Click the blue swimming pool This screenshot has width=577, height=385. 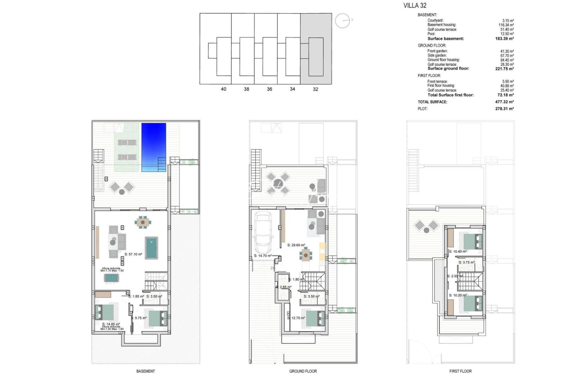pyautogui.click(x=154, y=147)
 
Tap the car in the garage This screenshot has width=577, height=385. pyautogui.click(x=263, y=232)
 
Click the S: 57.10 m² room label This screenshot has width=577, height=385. pyautogui.click(x=134, y=254)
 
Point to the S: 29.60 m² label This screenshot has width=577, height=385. pyautogui.click(x=296, y=245)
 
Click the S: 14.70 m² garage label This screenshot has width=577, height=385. pyautogui.click(x=263, y=256)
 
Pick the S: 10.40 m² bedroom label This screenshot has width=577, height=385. pyautogui.click(x=458, y=252)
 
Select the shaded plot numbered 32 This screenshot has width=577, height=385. pyautogui.click(x=316, y=49)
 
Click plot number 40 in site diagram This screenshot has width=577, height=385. pyautogui.click(x=223, y=89)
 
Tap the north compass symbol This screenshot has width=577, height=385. pyautogui.click(x=343, y=21)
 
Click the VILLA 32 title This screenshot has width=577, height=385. pyautogui.click(x=415, y=5)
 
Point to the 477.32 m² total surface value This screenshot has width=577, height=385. pyautogui.click(x=504, y=102)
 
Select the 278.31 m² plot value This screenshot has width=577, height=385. pyautogui.click(x=504, y=109)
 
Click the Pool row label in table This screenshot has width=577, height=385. pyautogui.click(x=431, y=34)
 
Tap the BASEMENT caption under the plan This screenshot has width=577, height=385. pyautogui.click(x=145, y=371)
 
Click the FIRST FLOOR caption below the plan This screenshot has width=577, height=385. pyautogui.click(x=460, y=371)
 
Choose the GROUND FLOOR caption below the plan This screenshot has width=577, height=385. pyautogui.click(x=303, y=371)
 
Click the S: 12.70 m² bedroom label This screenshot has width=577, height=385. pyautogui.click(x=296, y=318)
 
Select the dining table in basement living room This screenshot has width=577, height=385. pyautogui.click(x=142, y=222)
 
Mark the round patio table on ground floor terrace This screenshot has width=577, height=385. pyautogui.click(x=278, y=183)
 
